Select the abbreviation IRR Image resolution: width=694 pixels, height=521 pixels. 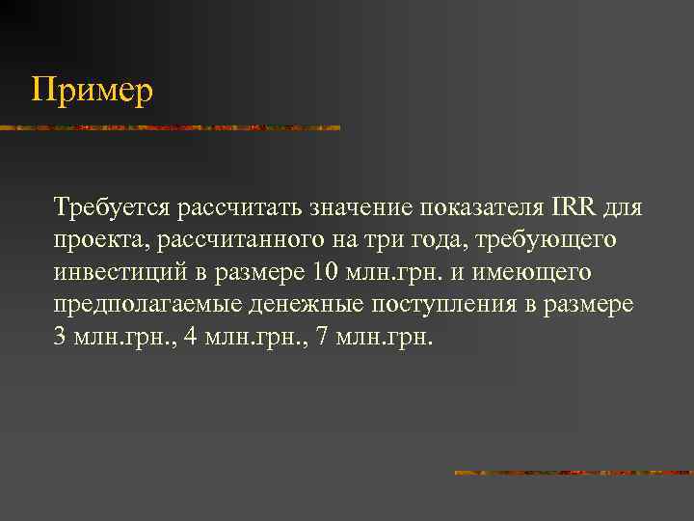pyautogui.click(x=575, y=207)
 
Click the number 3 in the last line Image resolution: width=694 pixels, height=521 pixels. pyautogui.click(x=61, y=338)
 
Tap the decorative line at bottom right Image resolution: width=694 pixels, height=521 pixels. pyautogui.click(x=574, y=473)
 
